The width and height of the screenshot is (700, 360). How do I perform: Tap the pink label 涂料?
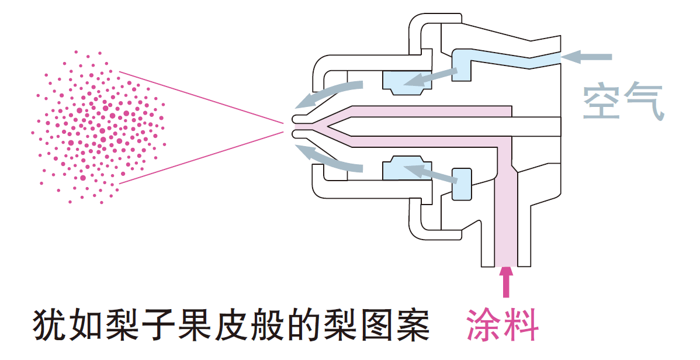502,324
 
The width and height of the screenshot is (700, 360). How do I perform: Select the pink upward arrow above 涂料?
507,283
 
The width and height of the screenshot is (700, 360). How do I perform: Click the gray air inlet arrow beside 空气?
587,57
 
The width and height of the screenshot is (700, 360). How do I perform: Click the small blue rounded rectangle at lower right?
462,184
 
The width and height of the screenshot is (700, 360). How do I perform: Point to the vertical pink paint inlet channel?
506,222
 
